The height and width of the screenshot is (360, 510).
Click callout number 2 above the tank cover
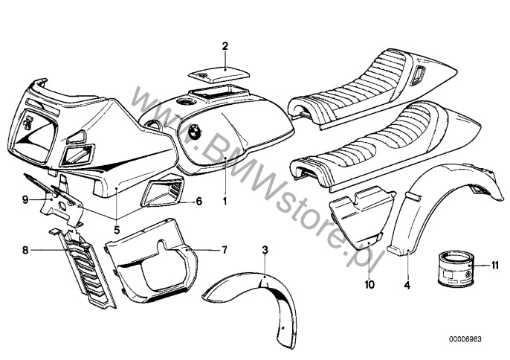click(225, 46)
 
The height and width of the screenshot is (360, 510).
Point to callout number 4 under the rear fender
click(408, 283)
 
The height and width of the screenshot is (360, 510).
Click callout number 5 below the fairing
click(117, 229)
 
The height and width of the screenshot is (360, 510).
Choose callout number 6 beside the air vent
click(199, 202)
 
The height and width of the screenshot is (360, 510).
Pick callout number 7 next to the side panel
click(225, 249)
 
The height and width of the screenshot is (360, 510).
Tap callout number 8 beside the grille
click(25, 251)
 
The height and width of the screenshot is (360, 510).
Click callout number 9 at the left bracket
click(25, 199)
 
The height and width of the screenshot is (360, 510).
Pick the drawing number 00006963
click(465, 338)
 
